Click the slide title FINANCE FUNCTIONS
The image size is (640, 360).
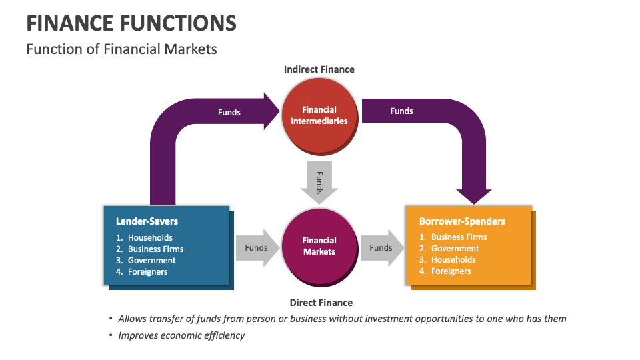point(131,23)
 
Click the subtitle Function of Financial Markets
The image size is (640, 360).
point(121,49)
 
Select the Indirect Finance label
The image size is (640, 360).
point(319,69)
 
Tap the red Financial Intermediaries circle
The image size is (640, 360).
point(319,115)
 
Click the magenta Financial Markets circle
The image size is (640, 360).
point(319,246)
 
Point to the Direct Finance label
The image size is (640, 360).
point(321,303)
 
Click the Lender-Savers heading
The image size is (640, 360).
point(147,221)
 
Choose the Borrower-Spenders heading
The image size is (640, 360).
point(462,221)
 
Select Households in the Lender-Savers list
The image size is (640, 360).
point(150,237)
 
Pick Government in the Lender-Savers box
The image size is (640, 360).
point(152,260)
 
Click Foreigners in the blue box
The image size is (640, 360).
point(148,271)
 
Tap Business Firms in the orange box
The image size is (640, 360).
point(459,237)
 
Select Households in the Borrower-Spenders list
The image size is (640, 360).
point(453,259)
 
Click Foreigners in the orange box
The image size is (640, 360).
point(451,271)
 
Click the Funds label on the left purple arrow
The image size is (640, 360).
point(229,112)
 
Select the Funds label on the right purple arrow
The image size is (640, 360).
point(401,111)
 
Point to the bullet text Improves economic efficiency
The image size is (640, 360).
point(181,335)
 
